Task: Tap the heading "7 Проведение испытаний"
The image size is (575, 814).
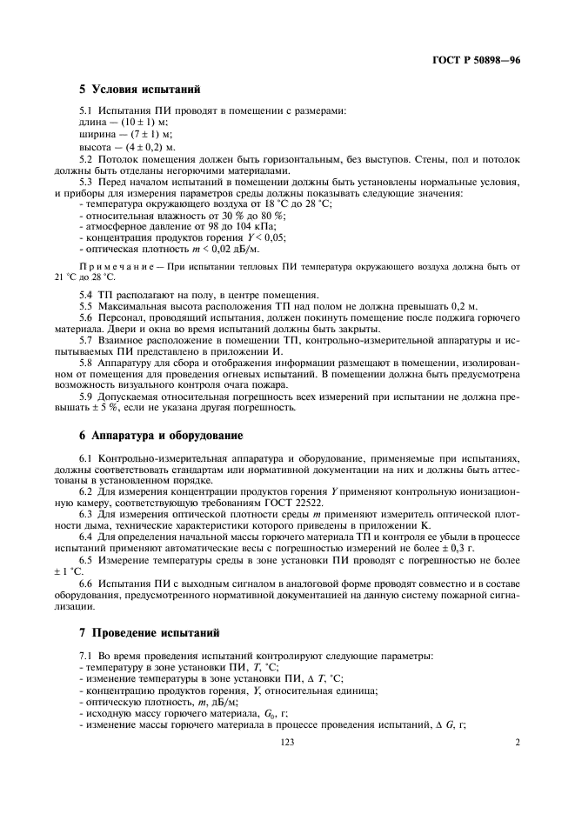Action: tap(146, 631)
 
